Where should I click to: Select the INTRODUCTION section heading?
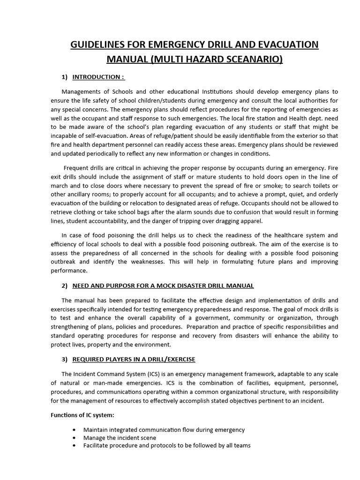[x=98, y=77]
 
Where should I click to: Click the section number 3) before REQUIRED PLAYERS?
[x=65, y=359]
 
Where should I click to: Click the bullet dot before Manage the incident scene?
[x=75, y=438]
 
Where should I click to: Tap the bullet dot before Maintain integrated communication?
[x=75, y=430]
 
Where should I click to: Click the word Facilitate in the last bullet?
[x=97, y=446]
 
